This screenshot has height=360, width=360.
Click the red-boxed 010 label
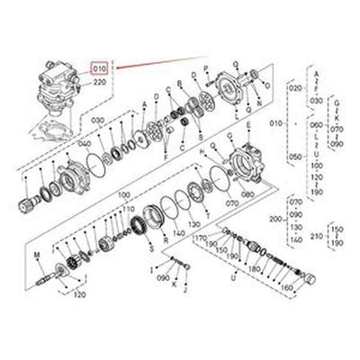[99, 67]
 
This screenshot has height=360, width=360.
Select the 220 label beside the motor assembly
[99, 81]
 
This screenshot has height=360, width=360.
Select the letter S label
[150, 245]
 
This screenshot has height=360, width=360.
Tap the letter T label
[209, 217]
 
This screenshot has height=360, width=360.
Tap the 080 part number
[247, 192]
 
